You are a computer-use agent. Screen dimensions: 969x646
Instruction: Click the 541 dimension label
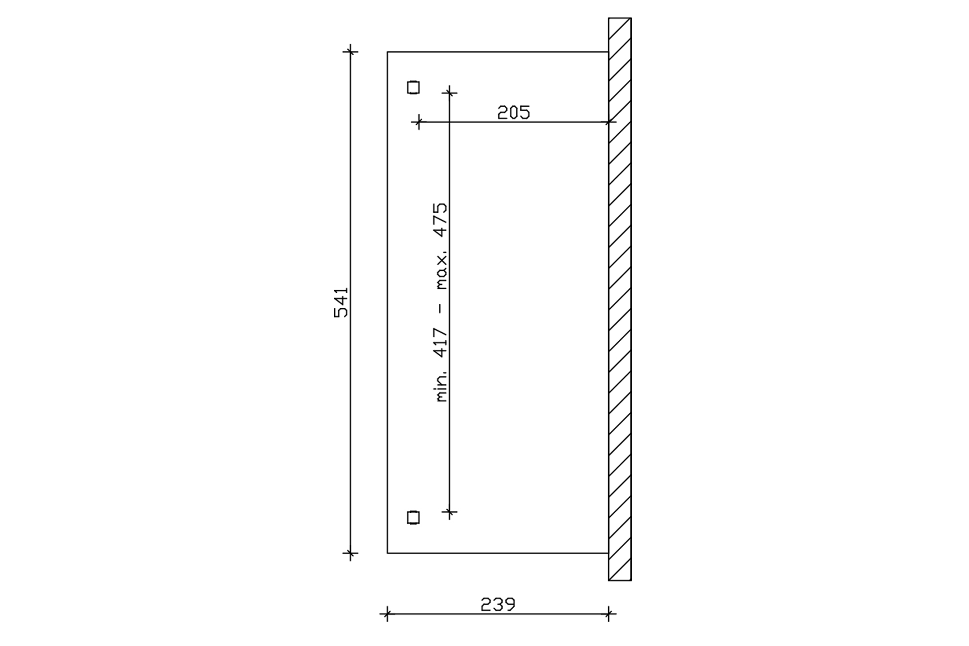point(341,302)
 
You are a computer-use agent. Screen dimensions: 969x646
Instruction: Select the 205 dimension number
point(514,112)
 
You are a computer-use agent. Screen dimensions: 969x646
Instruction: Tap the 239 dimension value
point(498,604)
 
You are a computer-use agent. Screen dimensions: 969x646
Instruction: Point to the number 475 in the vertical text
point(441,220)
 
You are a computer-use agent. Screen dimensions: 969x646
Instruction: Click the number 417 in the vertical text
point(441,343)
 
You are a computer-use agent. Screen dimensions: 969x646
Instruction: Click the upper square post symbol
point(413,87)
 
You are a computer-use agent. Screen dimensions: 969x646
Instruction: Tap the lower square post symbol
point(413,518)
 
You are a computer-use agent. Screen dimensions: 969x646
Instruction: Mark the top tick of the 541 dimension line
point(350,51)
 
